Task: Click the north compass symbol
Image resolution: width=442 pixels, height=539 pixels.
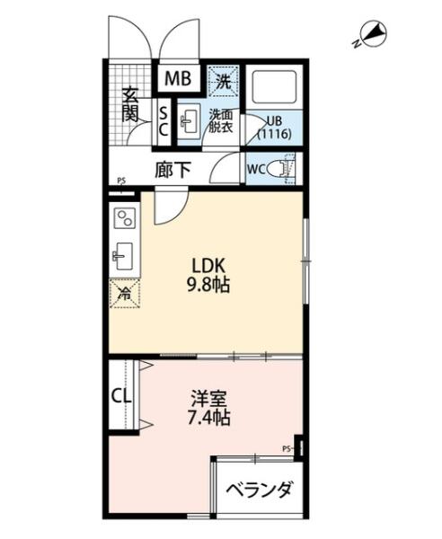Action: pos(370,35)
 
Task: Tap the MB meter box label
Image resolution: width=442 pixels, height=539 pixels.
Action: pos(178,79)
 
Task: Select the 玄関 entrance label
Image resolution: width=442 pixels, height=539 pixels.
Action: pos(130,104)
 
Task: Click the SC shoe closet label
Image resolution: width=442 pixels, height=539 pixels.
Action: pos(164,120)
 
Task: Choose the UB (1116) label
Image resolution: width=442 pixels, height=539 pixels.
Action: pos(274,128)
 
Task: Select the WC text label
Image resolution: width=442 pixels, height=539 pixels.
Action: pos(256,169)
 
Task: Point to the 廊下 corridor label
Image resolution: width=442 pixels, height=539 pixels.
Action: pos(172,170)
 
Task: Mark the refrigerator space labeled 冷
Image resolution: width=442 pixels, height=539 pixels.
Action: pos(124,294)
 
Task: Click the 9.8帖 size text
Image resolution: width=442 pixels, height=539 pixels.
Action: pos(208,285)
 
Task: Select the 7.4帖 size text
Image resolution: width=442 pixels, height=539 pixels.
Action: pos(208,418)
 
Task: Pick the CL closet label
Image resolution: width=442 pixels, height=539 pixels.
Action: pos(121,396)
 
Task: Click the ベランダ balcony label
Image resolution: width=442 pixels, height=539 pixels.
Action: pos(261,490)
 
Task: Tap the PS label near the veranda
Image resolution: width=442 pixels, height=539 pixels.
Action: pos(286,448)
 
